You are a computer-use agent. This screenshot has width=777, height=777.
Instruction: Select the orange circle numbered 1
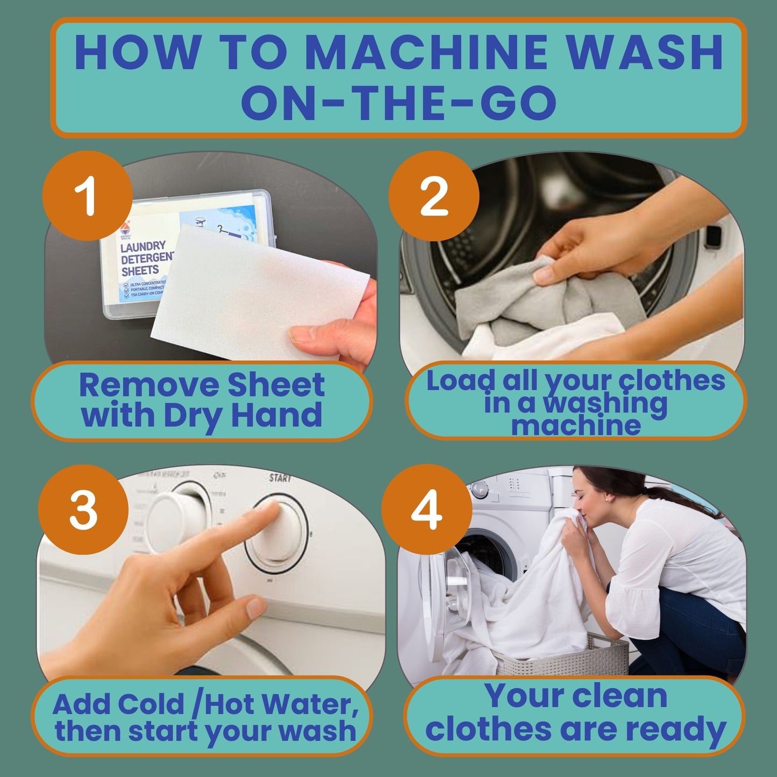[x=87, y=196]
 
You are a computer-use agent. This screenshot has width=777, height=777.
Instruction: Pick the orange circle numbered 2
[x=433, y=197]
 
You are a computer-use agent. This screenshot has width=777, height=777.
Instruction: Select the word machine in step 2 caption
[x=575, y=425]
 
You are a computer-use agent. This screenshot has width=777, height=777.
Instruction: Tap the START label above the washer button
[x=280, y=477]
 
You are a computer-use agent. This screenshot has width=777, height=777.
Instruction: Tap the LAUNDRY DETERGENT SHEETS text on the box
[x=145, y=258]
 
